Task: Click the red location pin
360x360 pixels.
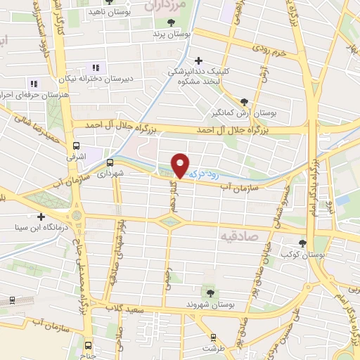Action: (x=181, y=165)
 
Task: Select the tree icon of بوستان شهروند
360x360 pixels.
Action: (x=208, y=291)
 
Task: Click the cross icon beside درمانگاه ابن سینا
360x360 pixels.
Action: (x=41, y=217)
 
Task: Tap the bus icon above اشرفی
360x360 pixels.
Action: (x=77, y=146)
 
